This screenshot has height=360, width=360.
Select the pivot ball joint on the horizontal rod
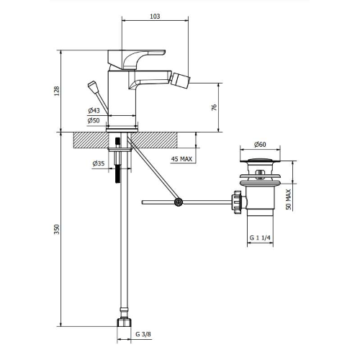(x=178, y=202)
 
